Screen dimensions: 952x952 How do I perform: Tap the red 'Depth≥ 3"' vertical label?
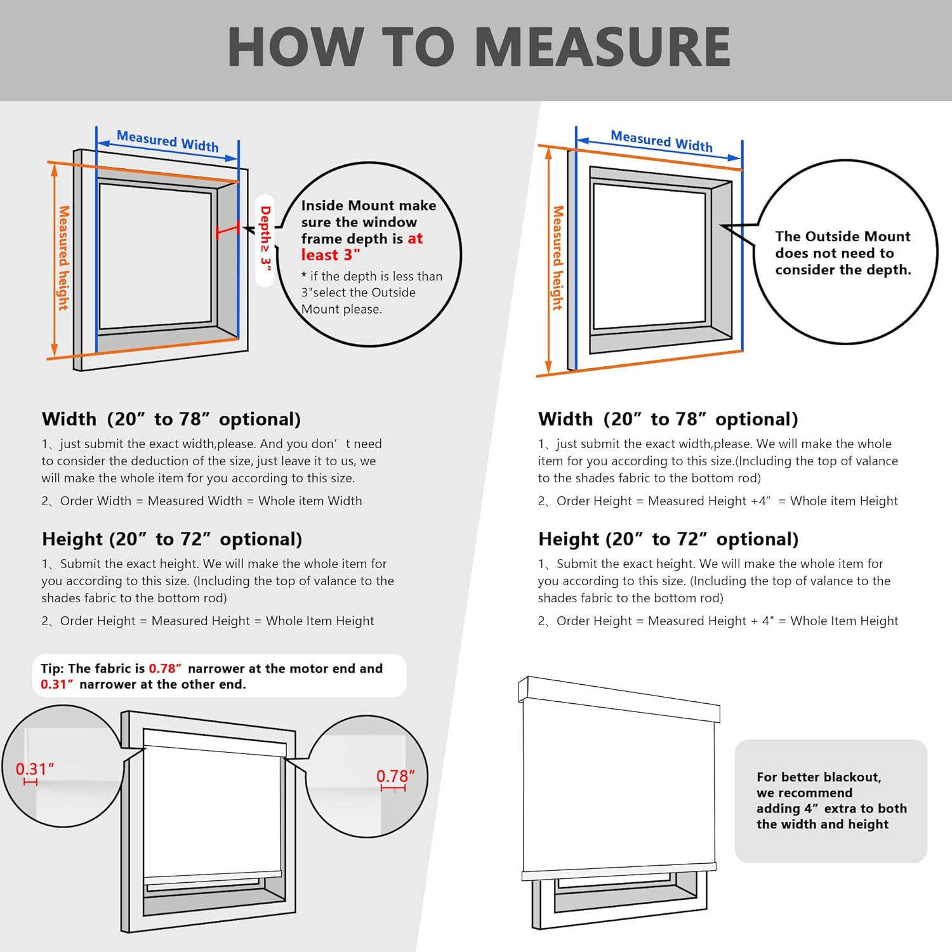click(x=265, y=239)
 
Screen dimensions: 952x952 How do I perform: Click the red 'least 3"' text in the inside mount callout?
click(x=330, y=255)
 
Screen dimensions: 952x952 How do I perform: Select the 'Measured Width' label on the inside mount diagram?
click(x=168, y=141)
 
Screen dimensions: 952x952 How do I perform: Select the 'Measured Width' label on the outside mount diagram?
click(x=661, y=140)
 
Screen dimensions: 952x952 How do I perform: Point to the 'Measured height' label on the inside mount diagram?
click(x=63, y=258)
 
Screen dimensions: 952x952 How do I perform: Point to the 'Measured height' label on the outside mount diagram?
click(x=558, y=258)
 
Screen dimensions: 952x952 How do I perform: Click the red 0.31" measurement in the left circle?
click(x=34, y=769)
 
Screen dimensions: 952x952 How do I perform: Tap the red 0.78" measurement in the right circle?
click(x=395, y=776)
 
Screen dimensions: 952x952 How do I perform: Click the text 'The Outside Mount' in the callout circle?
click(x=842, y=236)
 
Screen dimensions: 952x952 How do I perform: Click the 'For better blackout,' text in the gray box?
click(x=819, y=777)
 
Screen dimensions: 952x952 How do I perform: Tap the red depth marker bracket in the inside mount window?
click(x=227, y=230)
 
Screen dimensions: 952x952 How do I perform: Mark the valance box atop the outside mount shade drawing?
click(x=619, y=698)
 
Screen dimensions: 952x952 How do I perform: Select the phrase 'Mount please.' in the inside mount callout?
click(x=341, y=309)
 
